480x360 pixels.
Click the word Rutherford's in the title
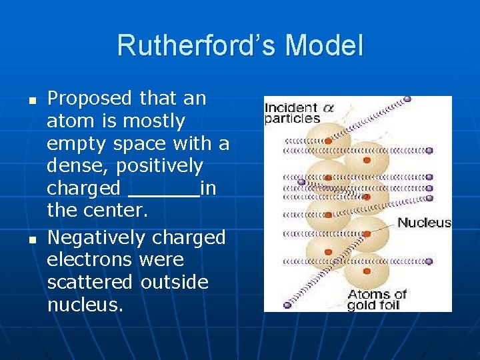pyautogui.click(x=197, y=46)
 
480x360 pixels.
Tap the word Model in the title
pyautogui.click(x=324, y=46)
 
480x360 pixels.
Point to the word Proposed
pyautogui.click(x=90, y=99)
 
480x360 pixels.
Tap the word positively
pyautogui.click(x=166, y=165)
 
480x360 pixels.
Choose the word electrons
pyautogui.click(x=90, y=259)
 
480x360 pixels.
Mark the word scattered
pyautogui.click(x=90, y=282)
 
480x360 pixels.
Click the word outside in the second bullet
pyautogui.click(x=175, y=282)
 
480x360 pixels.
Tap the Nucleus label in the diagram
pyautogui.click(x=424, y=223)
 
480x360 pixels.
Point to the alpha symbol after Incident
pyautogui.click(x=311, y=108)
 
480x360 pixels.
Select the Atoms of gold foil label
pyautogui.click(x=377, y=300)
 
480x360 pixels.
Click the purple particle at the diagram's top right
pyautogui.click(x=407, y=99)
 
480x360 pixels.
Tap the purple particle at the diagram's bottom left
pyautogui.click(x=287, y=305)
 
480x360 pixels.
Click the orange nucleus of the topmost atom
pyautogui.click(x=328, y=141)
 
